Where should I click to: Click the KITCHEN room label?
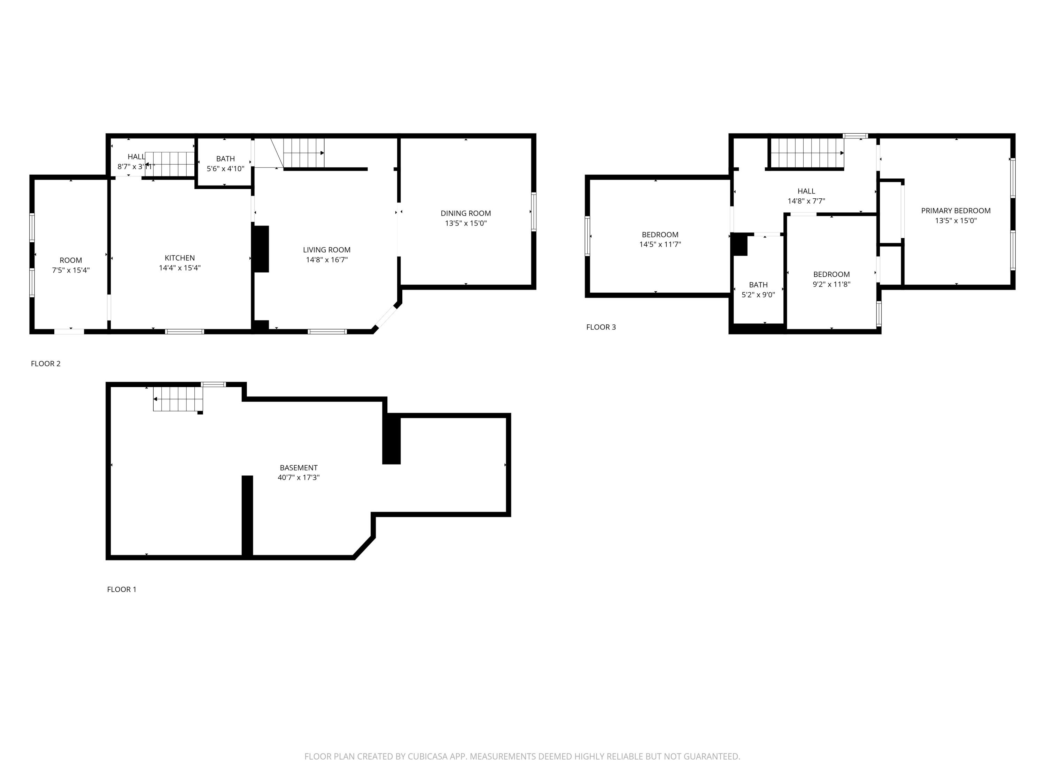(179, 258)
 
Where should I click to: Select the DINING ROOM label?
(466, 213)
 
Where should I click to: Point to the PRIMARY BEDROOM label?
(956, 211)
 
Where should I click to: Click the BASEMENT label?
(299, 468)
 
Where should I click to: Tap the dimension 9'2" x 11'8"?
(831, 284)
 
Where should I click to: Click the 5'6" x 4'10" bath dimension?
(225, 168)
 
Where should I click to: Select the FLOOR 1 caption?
(122, 589)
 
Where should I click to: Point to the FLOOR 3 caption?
(601, 327)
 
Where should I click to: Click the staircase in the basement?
(178, 399)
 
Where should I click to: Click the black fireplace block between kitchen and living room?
(261, 249)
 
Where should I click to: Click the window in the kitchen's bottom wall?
(185, 331)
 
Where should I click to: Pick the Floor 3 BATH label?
(758, 285)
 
